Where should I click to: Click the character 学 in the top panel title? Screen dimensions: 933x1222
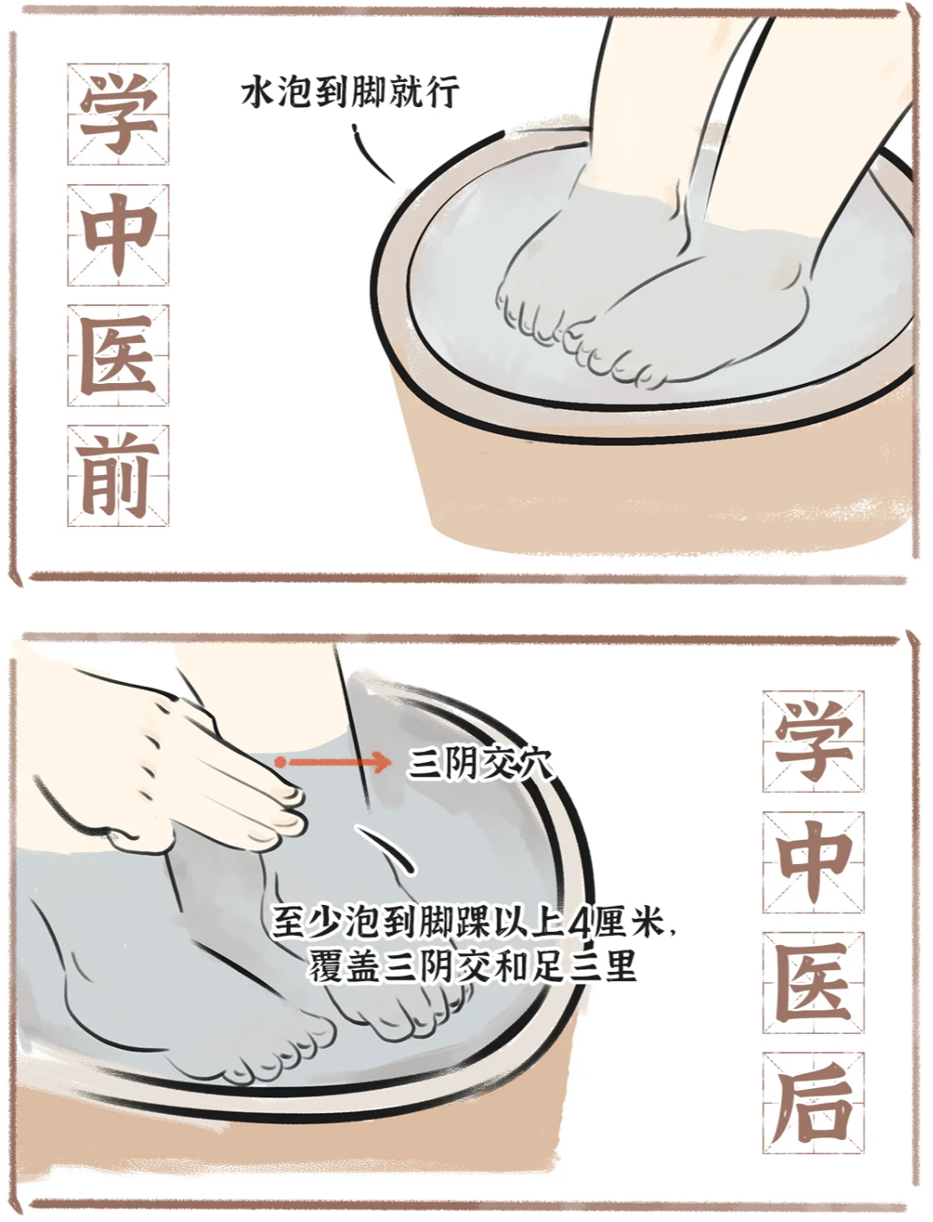(119, 114)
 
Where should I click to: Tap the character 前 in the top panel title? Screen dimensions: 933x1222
(119, 475)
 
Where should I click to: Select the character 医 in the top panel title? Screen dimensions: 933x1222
(119, 355)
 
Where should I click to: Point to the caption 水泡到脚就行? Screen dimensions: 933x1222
(350, 92)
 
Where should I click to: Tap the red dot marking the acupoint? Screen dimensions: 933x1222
(281, 762)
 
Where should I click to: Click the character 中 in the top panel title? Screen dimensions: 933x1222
(119, 234)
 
